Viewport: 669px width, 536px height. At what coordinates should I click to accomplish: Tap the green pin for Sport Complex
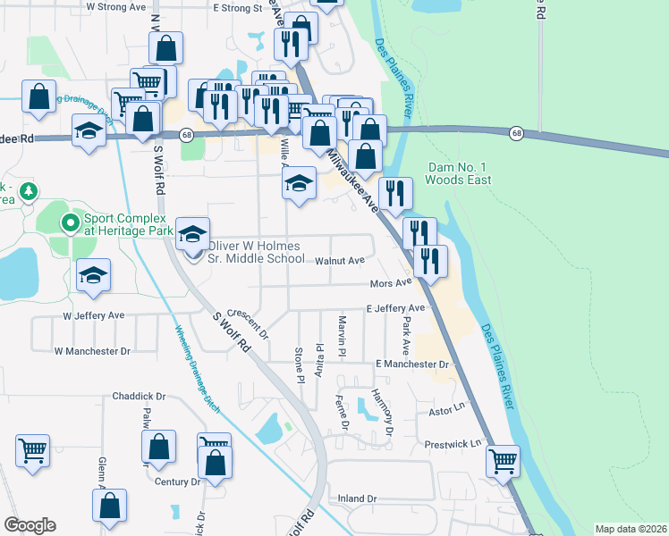click(68, 222)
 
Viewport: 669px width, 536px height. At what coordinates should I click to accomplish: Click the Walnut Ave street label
click(340, 261)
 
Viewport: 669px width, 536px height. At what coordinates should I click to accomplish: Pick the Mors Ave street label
click(390, 283)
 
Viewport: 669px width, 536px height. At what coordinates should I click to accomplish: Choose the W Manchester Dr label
click(92, 352)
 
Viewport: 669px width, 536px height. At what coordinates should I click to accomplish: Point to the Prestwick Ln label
click(453, 443)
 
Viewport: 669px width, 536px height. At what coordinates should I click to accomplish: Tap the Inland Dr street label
click(358, 498)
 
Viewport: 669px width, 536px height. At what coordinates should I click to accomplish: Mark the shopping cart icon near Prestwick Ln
click(503, 461)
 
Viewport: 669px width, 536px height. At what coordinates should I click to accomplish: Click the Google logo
click(30, 525)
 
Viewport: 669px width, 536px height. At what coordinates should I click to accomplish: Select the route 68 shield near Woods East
click(516, 133)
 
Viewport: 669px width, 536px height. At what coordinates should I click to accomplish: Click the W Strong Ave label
click(115, 6)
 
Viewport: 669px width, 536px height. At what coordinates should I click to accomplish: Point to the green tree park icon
click(29, 190)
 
